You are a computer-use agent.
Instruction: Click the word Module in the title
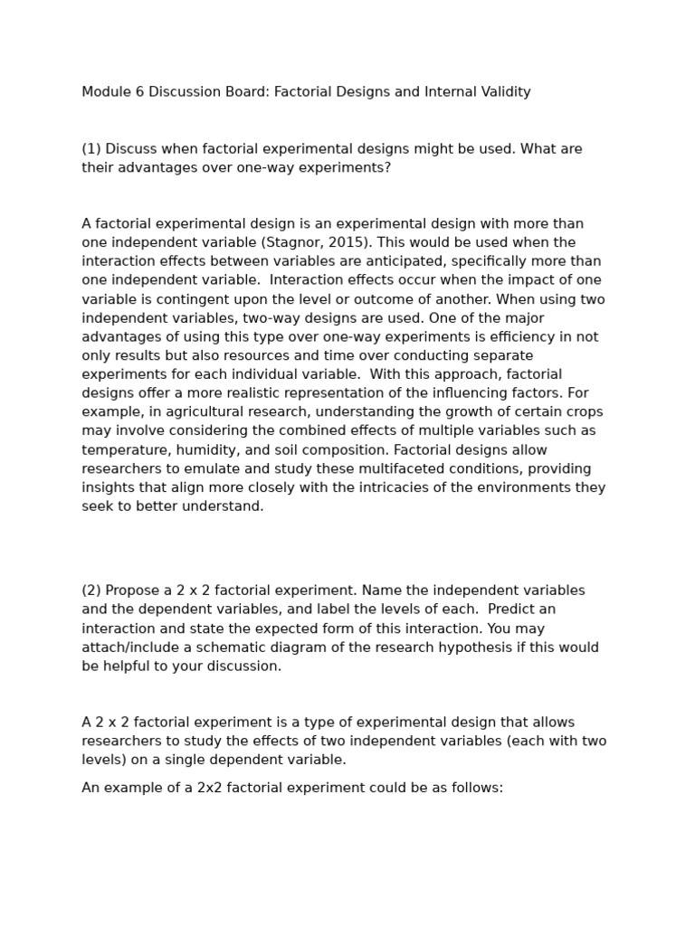pyautogui.click(x=107, y=92)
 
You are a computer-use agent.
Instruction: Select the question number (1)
pyautogui.click(x=91, y=149)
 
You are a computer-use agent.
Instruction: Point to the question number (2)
pyautogui.click(x=91, y=591)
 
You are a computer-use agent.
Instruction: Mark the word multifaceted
pyautogui.click(x=369, y=468)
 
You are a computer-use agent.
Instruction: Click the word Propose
pyautogui.click(x=135, y=591)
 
